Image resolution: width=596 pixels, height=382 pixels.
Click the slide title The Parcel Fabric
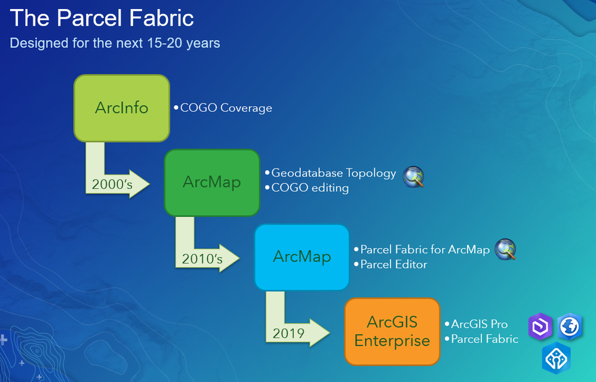pos(102,18)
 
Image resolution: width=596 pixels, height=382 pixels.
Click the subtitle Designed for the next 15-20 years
pos(115,43)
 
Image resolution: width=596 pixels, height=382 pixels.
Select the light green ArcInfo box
pos(122,108)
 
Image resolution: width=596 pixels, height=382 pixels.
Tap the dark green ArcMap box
pos(212,182)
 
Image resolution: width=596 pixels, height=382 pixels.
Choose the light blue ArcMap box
pos(302,257)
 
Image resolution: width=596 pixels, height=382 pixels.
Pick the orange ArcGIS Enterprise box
pos(392,331)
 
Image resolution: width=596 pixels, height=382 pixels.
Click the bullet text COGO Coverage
pos(226,108)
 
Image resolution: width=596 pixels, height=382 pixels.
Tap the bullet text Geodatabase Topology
pos(334,173)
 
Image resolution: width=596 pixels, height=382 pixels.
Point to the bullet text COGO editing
pos(310,188)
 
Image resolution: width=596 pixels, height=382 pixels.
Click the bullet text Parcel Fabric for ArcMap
pos(425,250)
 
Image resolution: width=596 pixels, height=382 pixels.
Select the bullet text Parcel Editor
pos(394,264)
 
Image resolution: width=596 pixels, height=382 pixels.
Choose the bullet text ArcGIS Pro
pos(480,324)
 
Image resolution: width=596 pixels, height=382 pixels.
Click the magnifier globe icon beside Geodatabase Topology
pos(413,177)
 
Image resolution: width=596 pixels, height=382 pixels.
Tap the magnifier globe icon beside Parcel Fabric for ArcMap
pos(506,249)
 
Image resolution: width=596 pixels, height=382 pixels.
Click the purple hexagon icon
pos(540,326)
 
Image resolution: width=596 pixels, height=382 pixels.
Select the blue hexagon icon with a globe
pos(570,326)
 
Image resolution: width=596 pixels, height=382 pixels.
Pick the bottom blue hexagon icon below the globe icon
pos(557,358)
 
